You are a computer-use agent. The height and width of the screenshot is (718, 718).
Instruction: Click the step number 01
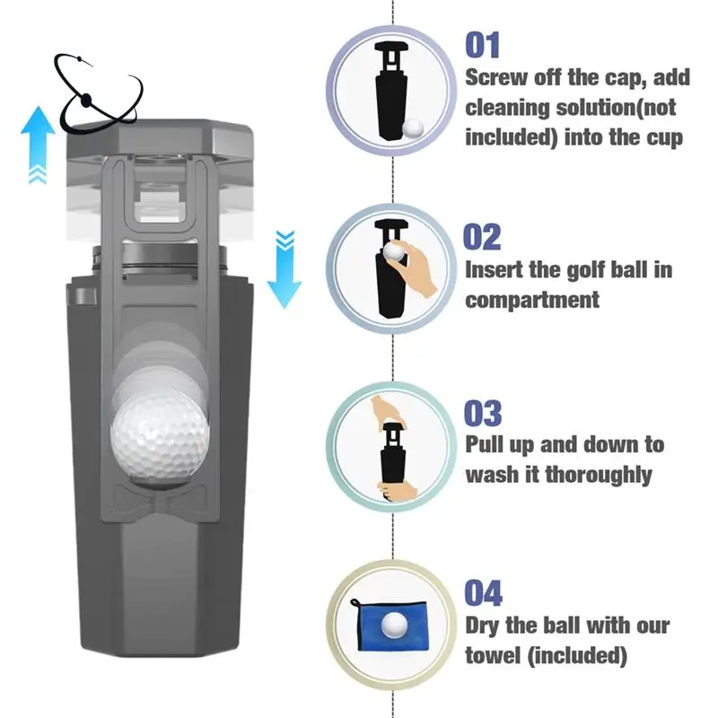coord(482,44)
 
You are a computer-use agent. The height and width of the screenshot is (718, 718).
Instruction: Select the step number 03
coord(483,414)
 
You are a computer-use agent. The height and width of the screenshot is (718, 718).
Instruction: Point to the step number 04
coord(483,593)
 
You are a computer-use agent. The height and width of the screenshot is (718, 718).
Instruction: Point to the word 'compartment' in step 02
coord(531,299)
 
